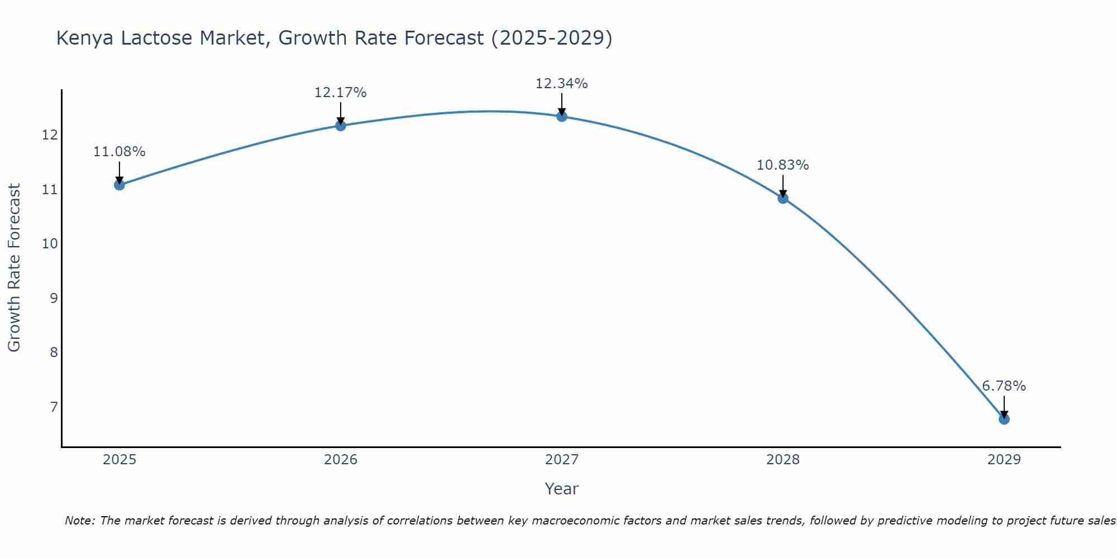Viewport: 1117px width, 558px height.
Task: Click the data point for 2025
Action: tap(120, 185)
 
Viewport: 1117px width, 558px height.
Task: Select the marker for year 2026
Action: tap(341, 126)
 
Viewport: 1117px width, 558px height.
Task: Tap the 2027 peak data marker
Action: tap(562, 116)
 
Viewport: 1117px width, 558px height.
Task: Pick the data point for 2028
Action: tap(783, 198)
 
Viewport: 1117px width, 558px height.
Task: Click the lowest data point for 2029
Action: tap(1004, 419)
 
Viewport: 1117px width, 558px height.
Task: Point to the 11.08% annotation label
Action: tap(119, 152)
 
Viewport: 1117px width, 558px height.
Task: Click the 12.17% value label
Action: tap(340, 93)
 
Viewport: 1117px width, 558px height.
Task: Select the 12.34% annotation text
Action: tap(561, 84)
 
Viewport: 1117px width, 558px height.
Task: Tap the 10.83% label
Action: tap(782, 165)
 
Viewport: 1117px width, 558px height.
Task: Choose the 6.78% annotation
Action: tap(1004, 386)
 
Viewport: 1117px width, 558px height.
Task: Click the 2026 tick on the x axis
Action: tap(341, 460)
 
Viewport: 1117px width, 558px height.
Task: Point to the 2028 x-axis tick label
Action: tap(783, 460)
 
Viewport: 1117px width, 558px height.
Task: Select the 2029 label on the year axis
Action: tap(1004, 460)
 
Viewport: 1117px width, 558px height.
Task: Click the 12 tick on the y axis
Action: tap(50, 135)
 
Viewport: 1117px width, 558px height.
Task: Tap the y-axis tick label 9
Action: tap(54, 298)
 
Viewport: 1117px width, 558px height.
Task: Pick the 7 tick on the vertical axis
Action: tap(54, 407)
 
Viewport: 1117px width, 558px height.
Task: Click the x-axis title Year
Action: tap(561, 489)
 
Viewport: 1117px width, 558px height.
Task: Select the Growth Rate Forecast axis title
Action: tap(14, 268)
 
